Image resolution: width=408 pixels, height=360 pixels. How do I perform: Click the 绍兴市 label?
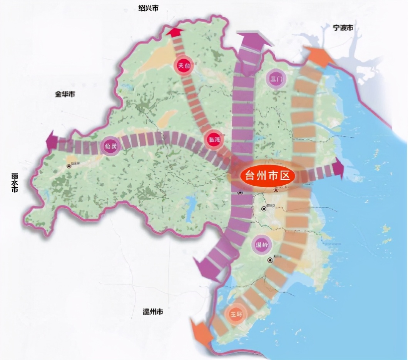[148, 8]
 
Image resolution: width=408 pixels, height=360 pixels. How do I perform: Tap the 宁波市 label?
[343, 28]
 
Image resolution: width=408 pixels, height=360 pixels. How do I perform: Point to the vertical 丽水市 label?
[15, 183]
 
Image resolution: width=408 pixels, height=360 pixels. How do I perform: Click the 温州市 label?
[152, 312]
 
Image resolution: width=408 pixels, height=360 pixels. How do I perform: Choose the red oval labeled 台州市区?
[267, 176]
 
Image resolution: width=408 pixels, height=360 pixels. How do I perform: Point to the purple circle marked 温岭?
[263, 245]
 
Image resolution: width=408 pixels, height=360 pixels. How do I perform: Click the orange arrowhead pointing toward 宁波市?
[319, 56]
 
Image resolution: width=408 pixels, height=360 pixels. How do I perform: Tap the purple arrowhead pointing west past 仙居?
[52, 142]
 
